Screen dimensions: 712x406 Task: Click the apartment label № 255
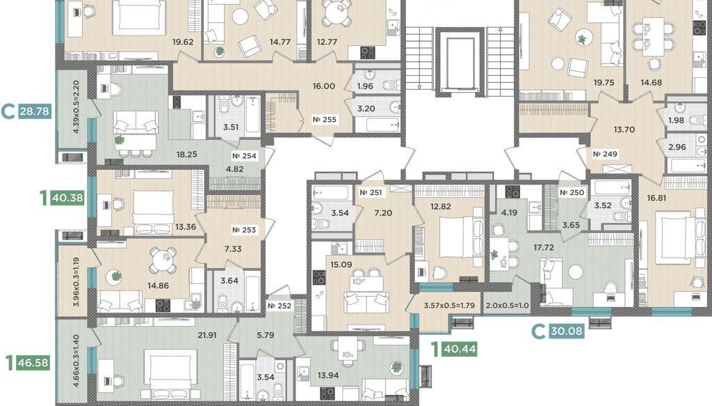[x=325, y=120]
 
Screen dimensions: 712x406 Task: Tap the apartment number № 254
[x=244, y=155]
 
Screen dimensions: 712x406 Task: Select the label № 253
[x=244, y=230]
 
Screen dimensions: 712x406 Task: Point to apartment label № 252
[x=280, y=306]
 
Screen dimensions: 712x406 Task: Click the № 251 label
[x=371, y=192]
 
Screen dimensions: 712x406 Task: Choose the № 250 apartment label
[x=572, y=193]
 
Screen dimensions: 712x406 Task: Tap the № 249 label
[x=606, y=154]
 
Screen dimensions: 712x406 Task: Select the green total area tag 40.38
[x=67, y=198]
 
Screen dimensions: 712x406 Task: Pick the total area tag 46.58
[x=32, y=363]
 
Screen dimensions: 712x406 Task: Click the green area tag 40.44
[x=460, y=349]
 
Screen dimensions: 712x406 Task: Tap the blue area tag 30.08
[x=566, y=331]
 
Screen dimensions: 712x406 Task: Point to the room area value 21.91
[x=207, y=335]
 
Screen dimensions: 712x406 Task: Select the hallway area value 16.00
[x=324, y=86]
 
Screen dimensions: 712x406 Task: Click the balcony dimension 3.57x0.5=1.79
[x=449, y=306]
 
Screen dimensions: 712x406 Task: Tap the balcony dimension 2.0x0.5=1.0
[x=507, y=306]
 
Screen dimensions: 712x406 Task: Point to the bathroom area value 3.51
[x=231, y=127]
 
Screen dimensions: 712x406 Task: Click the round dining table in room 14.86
[x=163, y=260]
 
